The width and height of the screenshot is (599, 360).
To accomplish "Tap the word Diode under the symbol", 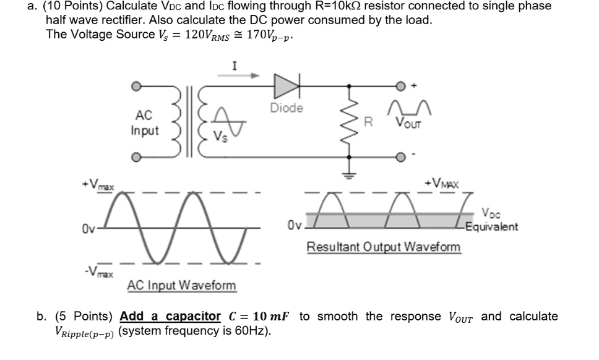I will (x=287, y=108).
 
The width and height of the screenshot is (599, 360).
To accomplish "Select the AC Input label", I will (x=144, y=122).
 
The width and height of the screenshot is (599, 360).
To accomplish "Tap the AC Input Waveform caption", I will (x=181, y=285).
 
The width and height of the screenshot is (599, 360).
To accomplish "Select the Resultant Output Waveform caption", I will (x=384, y=247).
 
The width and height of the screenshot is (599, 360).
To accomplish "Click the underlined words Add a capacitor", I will (x=170, y=316).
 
